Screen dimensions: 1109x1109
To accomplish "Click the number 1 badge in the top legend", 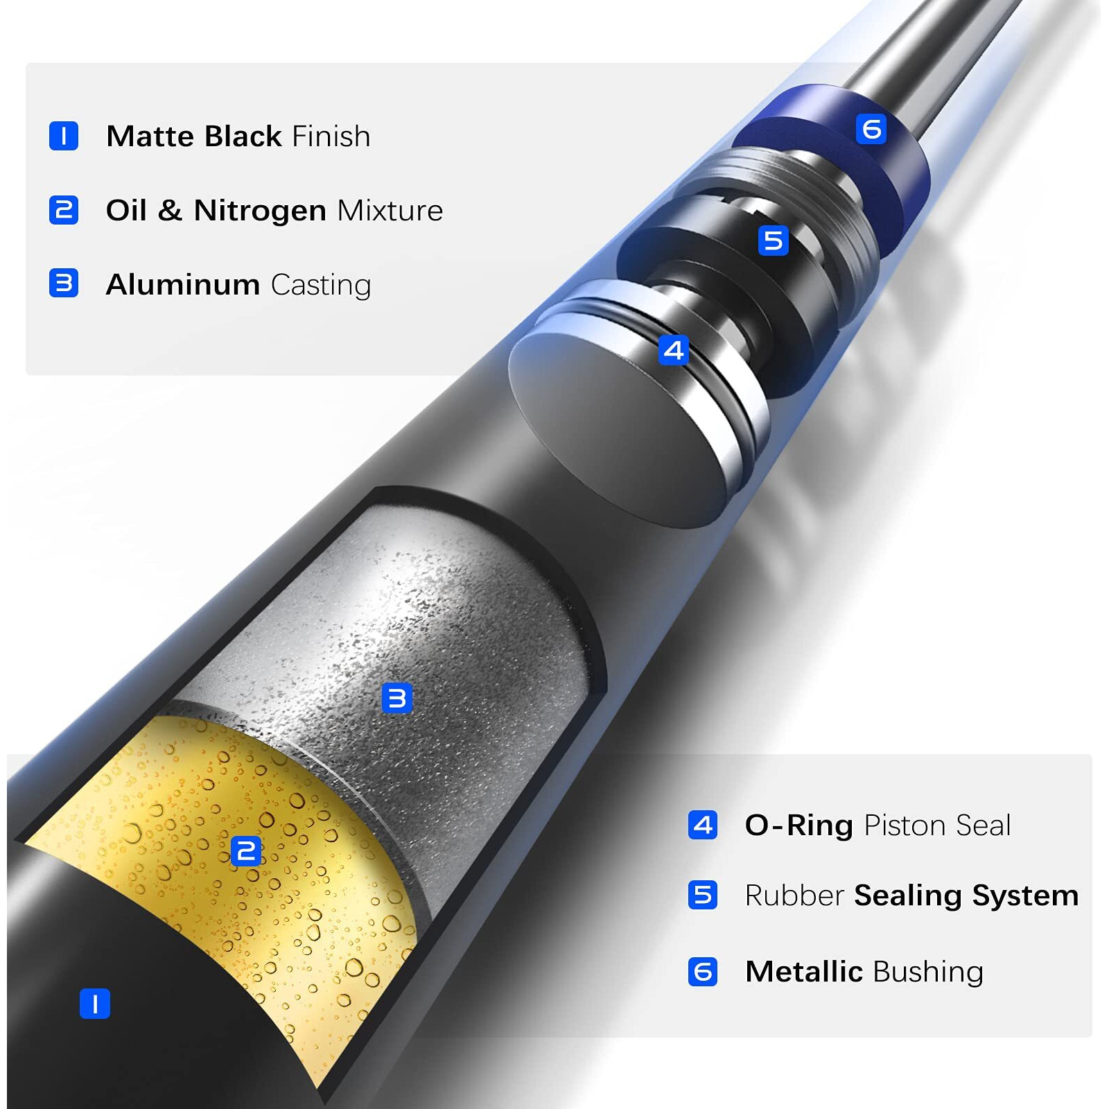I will point(64,136).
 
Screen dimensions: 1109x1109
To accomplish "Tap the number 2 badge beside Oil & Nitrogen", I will point(64,210).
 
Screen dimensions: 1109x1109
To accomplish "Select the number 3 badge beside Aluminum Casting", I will point(64,283).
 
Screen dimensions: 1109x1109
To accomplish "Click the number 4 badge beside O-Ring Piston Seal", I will point(703,825).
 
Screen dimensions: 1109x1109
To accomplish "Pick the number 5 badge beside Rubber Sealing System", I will point(703,895).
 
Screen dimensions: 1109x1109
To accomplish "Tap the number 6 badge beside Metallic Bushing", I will point(703,972).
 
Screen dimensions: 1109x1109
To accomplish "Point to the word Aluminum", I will point(183,285).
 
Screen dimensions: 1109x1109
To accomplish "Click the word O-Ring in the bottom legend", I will point(798,826).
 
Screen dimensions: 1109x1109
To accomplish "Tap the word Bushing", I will point(928,972).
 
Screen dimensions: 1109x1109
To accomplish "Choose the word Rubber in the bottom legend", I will point(794,896).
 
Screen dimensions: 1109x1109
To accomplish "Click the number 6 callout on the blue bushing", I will point(871,129).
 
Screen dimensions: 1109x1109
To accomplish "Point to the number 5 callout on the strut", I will point(774,241).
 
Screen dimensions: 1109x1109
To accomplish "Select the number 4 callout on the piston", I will point(673,350).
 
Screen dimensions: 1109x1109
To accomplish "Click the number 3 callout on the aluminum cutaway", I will point(397,698).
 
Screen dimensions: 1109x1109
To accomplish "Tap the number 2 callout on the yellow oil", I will point(246,851).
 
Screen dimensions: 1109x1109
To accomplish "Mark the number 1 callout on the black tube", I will point(95,1004).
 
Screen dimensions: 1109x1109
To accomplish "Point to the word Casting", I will point(321,286).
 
